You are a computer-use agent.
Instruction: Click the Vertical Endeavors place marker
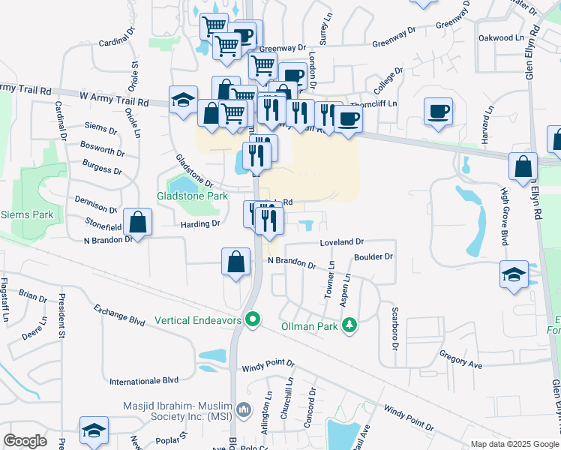coord(253,319)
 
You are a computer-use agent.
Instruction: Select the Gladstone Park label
coord(192,196)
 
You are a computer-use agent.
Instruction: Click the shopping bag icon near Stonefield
coord(138,221)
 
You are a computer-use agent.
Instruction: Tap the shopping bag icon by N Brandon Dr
coord(235,262)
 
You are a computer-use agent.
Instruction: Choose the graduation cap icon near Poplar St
coord(94,430)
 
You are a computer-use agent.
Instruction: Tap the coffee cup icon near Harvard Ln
coord(438,111)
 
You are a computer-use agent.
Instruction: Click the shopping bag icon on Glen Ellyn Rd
coord(523,166)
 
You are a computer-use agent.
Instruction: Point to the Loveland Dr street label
coord(341,242)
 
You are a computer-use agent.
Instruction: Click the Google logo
coord(25,440)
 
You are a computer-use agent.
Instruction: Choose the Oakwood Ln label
coord(500,37)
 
